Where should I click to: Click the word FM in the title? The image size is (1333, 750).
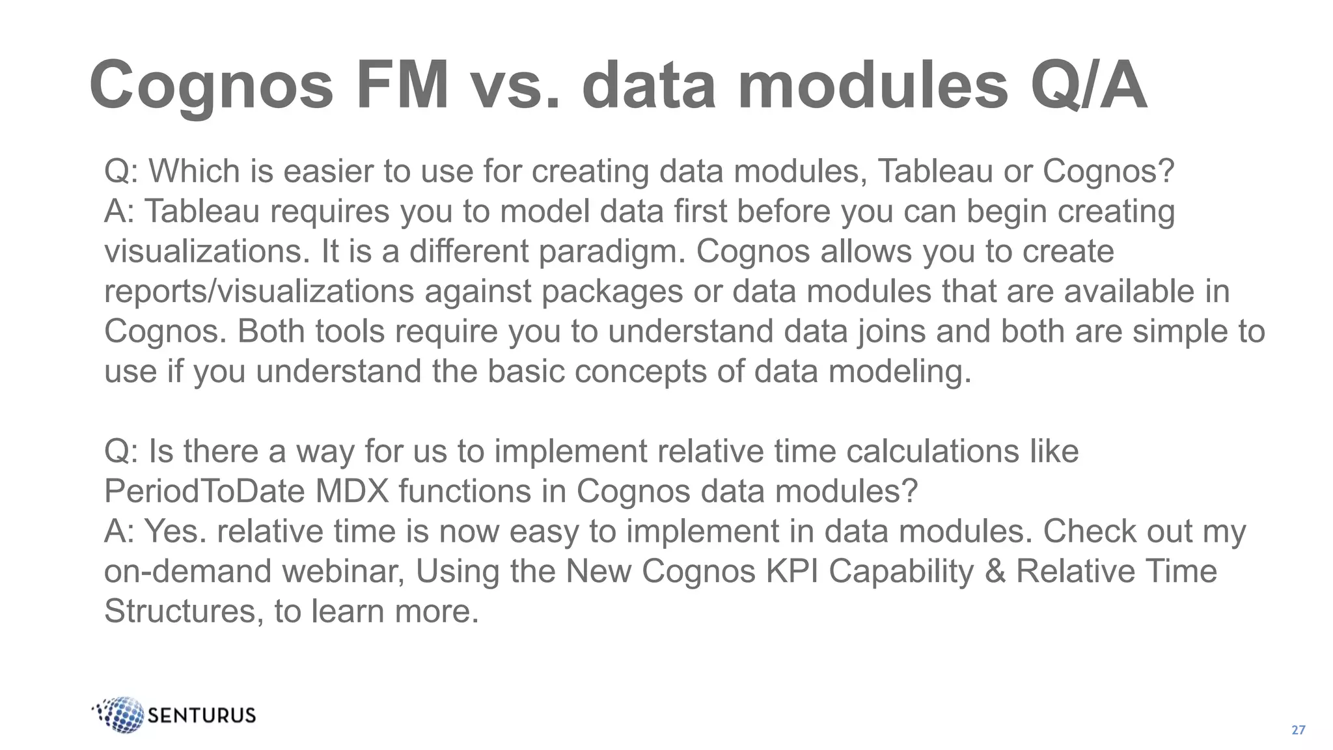tap(402, 85)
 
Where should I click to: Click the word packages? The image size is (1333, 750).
tap(611, 292)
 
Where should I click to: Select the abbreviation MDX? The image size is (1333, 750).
tap(351, 491)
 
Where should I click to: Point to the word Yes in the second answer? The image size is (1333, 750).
tap(174, 531)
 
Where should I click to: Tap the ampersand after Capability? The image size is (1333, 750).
tap(995, 571)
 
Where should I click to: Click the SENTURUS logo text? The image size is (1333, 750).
tap(202, 715)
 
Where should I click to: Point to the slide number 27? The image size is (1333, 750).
tap(1298, 730)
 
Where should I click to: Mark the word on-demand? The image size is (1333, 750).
tap(188, 571)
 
